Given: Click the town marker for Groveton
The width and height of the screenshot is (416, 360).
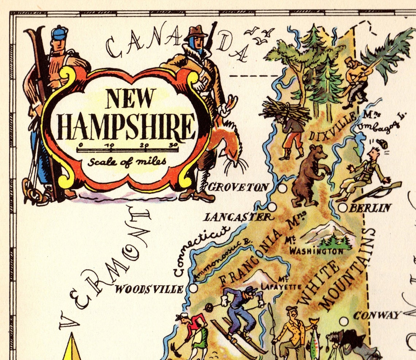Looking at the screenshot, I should coord(282,188).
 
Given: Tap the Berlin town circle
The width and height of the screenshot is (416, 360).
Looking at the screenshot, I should coord(343,208).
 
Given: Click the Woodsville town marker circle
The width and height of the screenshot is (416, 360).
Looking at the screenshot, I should coord(193,288).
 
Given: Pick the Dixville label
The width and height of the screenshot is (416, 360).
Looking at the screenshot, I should coord(332,128).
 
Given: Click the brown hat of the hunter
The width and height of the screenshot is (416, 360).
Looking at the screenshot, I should coord(196,33).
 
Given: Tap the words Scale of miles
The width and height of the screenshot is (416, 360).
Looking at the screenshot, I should coord(126,161).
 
